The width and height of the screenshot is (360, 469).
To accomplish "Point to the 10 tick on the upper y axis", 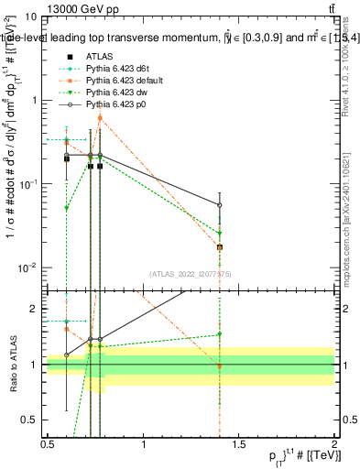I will tap(31, 17).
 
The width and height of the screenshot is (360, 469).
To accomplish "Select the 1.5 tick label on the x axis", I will tap(239, 444).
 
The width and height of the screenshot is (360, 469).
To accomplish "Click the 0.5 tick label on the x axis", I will tap(48, 444).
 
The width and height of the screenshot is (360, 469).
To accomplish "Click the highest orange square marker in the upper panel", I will tap(100, 118).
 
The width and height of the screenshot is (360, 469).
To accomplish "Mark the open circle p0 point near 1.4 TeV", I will tap(220, 205).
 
